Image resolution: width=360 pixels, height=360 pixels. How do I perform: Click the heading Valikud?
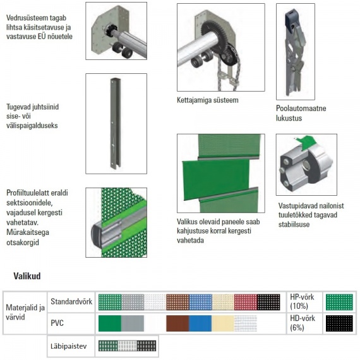pos(27,276)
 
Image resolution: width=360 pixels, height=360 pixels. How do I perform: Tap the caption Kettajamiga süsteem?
pos(208,100)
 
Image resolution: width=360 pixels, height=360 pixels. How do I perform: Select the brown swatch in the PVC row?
pos(177,323)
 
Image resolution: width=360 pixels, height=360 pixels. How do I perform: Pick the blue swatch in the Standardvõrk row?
pos(200,302)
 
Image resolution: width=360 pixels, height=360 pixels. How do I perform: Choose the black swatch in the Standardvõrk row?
pos(268,302)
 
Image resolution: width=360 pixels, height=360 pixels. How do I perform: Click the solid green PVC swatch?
pos(110,323)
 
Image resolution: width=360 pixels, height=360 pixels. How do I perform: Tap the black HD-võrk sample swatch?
pos(339,323)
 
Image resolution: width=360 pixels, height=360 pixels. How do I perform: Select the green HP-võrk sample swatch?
pos(339,302)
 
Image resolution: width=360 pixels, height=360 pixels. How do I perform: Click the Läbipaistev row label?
pos(69,346)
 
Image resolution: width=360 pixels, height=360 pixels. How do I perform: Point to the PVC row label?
pos(57,323)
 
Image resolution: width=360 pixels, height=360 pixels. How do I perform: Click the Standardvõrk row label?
pos(71,301)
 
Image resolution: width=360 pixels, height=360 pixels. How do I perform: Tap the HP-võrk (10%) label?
pos(302,301)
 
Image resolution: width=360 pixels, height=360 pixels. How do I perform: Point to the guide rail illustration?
pos(116,124)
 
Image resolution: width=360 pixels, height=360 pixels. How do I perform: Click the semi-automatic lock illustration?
pos(296,52)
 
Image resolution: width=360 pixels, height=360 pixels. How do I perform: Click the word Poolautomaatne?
pos(301,108)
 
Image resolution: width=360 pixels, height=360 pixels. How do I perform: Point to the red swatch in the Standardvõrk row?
pos(246,302)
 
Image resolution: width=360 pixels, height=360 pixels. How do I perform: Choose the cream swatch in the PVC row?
pos(223,323)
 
